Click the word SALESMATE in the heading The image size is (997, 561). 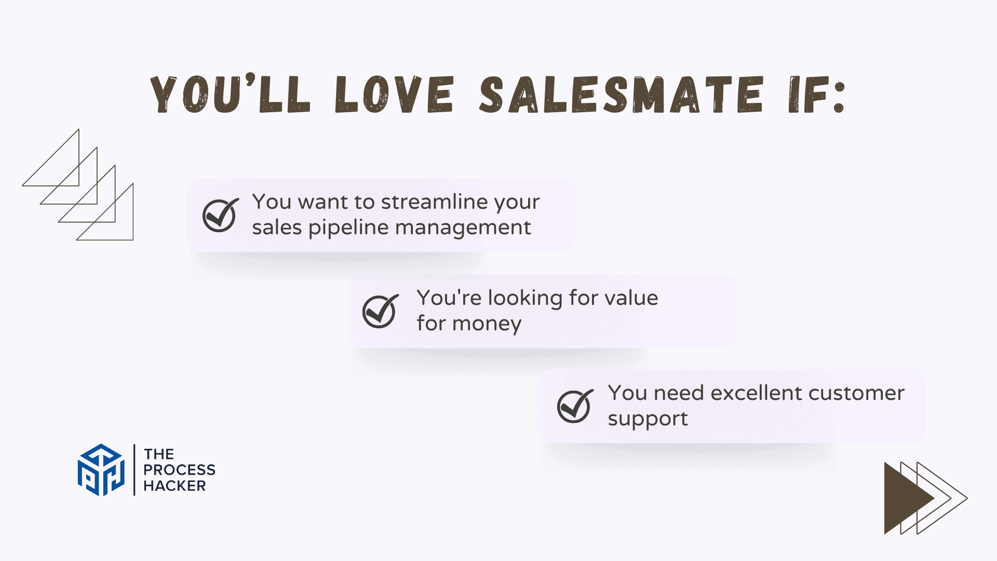622,94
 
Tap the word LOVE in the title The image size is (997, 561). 395,94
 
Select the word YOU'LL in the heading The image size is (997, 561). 231,94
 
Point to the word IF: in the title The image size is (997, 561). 817,95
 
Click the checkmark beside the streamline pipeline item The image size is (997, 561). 221,215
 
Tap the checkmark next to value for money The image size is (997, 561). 381,311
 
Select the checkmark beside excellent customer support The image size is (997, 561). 575,406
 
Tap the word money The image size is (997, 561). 487,324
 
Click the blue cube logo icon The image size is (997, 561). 101,470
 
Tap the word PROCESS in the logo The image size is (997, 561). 179,470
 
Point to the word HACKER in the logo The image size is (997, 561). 174,486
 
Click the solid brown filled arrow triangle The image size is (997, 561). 909,498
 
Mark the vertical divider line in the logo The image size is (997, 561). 134,470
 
